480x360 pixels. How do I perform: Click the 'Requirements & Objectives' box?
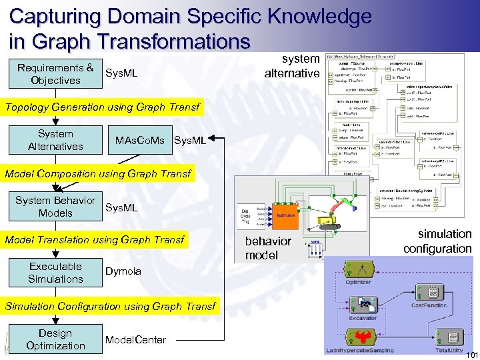55,74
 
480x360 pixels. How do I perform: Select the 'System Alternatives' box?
55,140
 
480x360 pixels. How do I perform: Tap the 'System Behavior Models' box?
55,207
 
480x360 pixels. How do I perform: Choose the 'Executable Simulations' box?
55,273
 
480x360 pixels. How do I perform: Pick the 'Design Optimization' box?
55,339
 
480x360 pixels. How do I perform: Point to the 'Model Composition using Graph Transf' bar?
98,174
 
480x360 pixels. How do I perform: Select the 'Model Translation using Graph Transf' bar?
94,240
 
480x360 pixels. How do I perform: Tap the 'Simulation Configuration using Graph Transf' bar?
110,307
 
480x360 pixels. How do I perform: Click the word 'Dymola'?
123,271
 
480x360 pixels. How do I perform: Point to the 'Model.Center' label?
135,340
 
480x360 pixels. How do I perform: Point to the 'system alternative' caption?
292,66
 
